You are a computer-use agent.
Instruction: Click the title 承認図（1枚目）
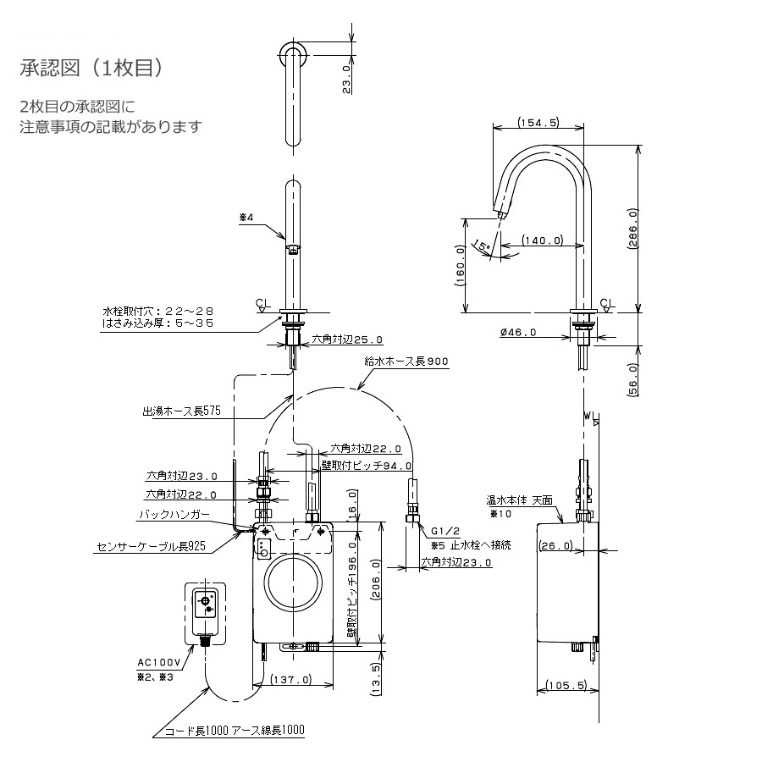pos(91,68)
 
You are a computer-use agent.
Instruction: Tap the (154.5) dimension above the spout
pos(538,122)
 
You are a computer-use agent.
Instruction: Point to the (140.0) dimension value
pos(543,240)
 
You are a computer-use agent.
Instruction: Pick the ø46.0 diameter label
pos(518,332)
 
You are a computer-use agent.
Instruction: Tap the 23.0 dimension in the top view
pos(346,79)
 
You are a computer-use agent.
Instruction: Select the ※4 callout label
pos(246,218)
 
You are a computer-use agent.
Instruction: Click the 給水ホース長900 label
pos(406,361)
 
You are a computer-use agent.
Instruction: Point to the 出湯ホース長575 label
pos(182,411)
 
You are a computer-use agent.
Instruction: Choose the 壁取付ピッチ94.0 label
pos(367,466)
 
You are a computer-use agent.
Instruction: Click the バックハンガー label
pos(174,514)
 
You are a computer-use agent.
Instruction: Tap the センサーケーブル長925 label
pos(151,546)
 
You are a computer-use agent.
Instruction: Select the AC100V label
pos(159,662)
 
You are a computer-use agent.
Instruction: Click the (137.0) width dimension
pos(291,679)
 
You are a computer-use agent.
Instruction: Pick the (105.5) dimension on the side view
pos(566,685)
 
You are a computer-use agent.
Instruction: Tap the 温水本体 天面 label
pos(520,500)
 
